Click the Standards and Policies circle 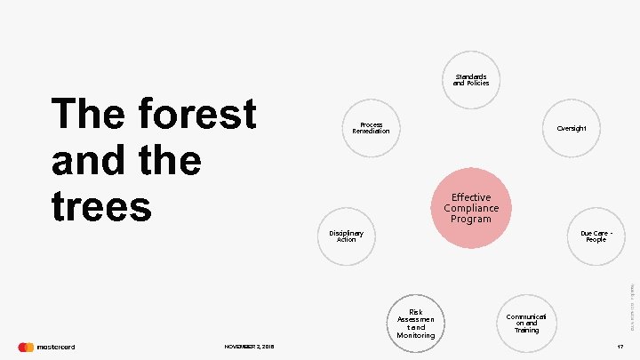click(471, 80)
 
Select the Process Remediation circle click(371, 127)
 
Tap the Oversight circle click(572, 128)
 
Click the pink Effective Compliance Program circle click(471, 208)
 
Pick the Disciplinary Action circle click(347, 236)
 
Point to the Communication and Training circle click(526, 323)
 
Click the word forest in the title click(196, 116)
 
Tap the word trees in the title click(102, 206)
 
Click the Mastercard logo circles click(26, 347)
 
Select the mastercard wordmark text click(56, 347)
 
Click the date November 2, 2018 click(249, 347)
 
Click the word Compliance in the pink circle click(471, 208)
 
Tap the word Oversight click(572, 128)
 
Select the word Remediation click(371, 132)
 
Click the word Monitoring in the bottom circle click(416, 335)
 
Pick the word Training click(526, 330)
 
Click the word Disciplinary click(347, 233)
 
